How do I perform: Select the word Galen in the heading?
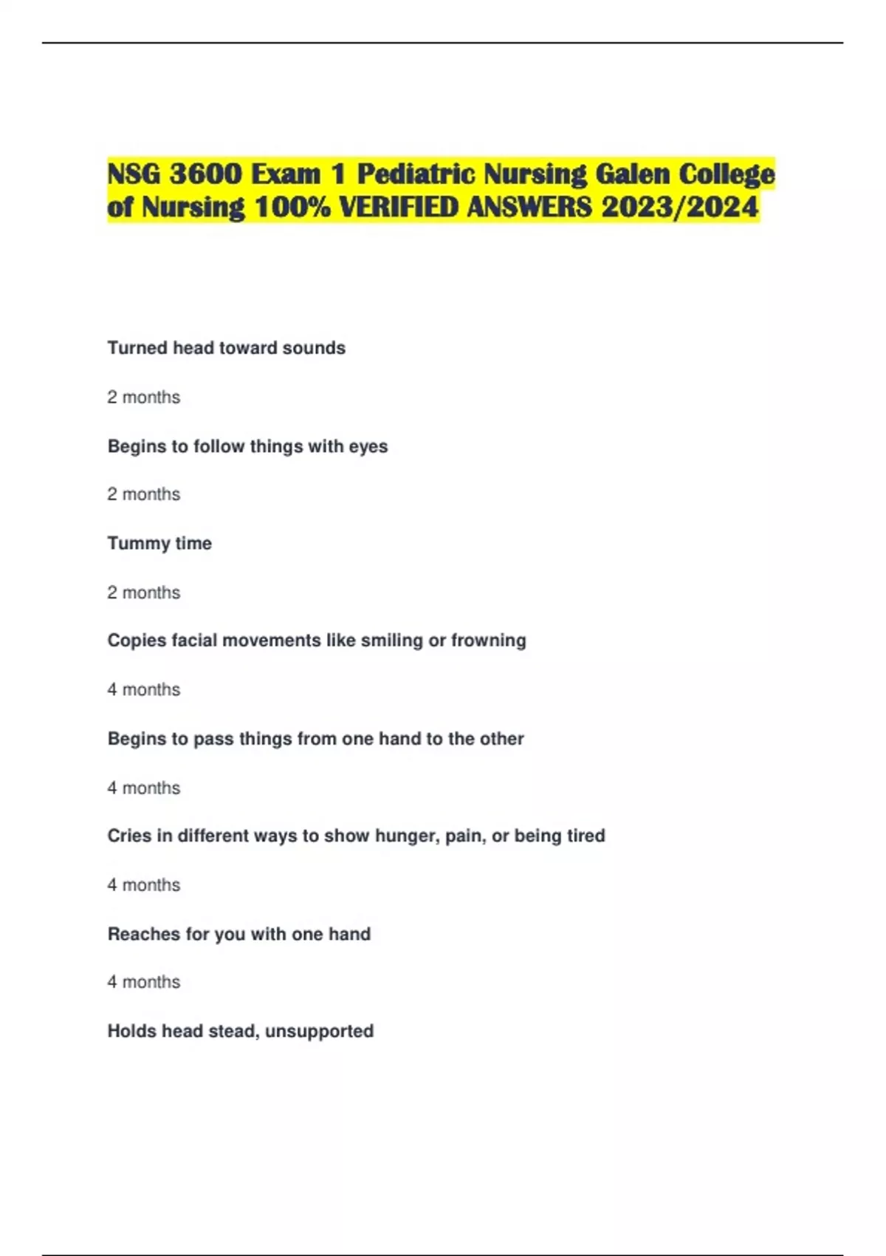pos(632,174)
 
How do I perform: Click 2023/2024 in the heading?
pos(679,208)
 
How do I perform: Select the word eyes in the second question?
pos(368,446)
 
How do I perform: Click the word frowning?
pos(488,641)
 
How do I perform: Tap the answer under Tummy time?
pos(144,593)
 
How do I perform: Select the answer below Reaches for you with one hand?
pos(144,982)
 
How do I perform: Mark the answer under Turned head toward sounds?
pos(144,397)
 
